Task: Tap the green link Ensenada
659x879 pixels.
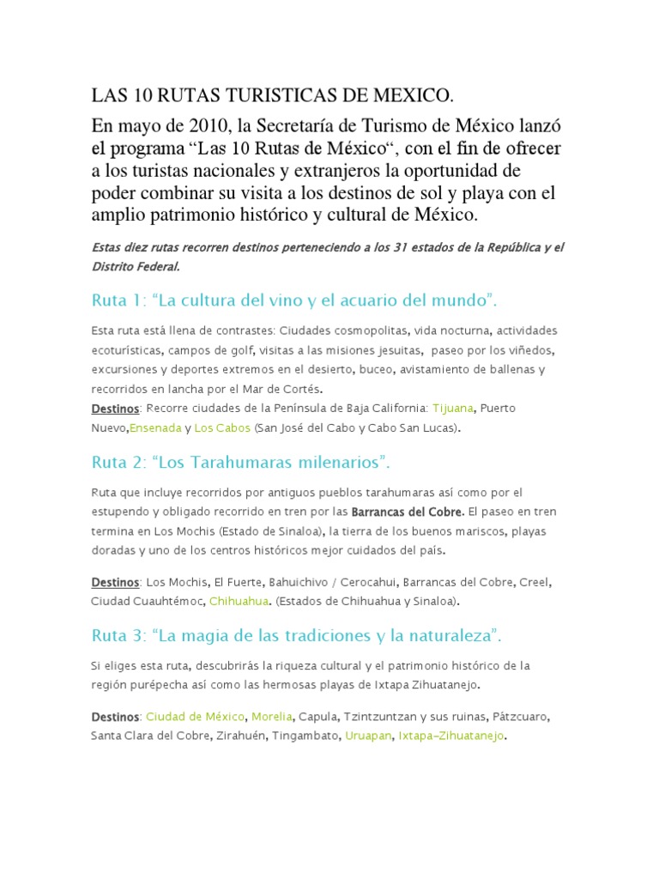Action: (x=155, y=427)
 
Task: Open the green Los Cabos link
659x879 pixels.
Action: (x=222, y=427)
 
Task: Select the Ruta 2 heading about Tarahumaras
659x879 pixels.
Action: (x=240, y=463)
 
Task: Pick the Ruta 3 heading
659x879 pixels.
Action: (x=296, y=637)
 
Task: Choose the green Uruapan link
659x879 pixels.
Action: (x=368, y=736)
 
